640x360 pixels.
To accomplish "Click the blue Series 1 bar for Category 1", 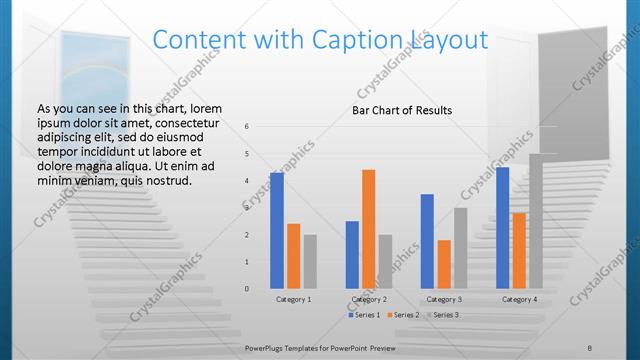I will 276,230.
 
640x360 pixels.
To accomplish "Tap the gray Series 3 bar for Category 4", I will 536,221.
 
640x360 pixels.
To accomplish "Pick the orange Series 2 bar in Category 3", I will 444,264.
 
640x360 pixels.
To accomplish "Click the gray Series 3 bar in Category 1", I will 310,262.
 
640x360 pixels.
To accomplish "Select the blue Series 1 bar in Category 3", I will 427,241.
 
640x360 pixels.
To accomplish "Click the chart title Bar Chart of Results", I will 402,110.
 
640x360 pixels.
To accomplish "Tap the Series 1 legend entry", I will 365,315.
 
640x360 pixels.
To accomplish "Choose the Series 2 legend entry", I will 402,315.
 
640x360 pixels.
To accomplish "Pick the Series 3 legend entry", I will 441,315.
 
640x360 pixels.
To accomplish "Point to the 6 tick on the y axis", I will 247,126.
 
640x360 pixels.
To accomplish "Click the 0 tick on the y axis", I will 247,289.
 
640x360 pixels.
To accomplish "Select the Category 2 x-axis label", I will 368,299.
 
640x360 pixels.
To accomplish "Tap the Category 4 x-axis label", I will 519,299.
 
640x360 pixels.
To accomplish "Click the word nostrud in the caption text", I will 164,180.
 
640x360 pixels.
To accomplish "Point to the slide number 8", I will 590,347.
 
